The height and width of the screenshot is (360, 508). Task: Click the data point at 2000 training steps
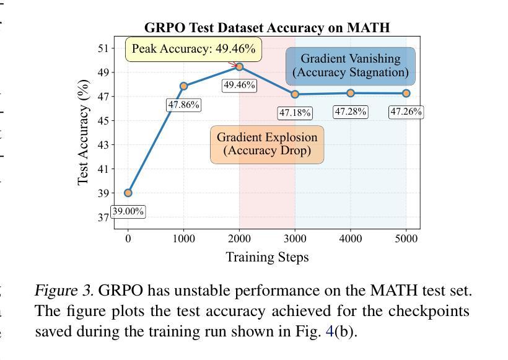point(239,67)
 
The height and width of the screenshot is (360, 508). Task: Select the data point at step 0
point(128,193)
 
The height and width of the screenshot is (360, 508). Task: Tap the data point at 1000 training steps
point(184,86)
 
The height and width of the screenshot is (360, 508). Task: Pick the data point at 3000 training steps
point(295,94)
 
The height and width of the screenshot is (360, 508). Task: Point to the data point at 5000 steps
point(406,94)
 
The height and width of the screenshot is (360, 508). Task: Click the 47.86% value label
point(184,105)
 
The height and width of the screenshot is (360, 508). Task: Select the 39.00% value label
point(128,211)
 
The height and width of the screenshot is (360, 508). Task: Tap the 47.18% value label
point(295,113)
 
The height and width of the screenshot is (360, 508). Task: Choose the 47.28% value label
point(351,112)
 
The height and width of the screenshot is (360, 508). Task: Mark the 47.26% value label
point(406,112)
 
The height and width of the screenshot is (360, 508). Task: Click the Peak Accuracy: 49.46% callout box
point(194,49)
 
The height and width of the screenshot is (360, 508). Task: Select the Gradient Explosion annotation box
point(267,144)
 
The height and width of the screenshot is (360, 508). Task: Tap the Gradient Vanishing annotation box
point(351,66)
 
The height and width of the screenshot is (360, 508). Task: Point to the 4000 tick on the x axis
point(351,239)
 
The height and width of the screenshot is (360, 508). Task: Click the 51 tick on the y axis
point(102,48)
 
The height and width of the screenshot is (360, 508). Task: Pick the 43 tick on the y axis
point(102,145)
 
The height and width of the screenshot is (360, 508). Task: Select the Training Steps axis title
point(267,257)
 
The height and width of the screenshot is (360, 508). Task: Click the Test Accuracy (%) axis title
point(83,133)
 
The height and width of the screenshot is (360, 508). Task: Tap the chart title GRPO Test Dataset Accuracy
point(267,27)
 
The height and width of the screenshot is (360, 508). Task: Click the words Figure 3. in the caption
point(64,291)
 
